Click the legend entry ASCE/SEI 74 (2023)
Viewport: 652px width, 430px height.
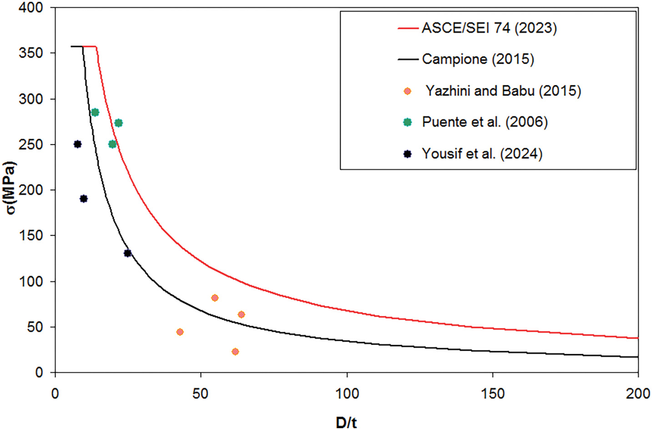(489, 28)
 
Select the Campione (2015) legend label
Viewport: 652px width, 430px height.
(478, 59)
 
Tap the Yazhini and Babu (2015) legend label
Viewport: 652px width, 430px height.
(503, 91)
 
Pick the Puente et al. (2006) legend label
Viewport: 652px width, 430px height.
(485, 122)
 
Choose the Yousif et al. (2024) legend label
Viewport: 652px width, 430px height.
(482, 154)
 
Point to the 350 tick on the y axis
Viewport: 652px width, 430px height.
(30, 53)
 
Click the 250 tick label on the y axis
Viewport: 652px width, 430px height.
(30, 145)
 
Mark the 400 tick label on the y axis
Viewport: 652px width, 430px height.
(30, 8)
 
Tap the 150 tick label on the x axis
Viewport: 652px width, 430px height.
(493, 394)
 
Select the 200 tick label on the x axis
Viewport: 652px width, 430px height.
(638, 394)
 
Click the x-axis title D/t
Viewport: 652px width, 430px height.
(346, 422)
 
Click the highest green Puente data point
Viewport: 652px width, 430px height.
(95, 112)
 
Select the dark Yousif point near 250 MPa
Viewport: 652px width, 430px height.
(78, 144)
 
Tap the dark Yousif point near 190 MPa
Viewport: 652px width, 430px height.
(84, 199)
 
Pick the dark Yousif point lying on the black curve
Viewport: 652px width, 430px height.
(128, 253)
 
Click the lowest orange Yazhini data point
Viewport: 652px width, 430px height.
(235, 351)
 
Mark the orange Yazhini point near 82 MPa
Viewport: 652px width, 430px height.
(215, 298)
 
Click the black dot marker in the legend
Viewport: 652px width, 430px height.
(408, 154)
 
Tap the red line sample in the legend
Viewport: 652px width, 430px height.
(408, 28)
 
